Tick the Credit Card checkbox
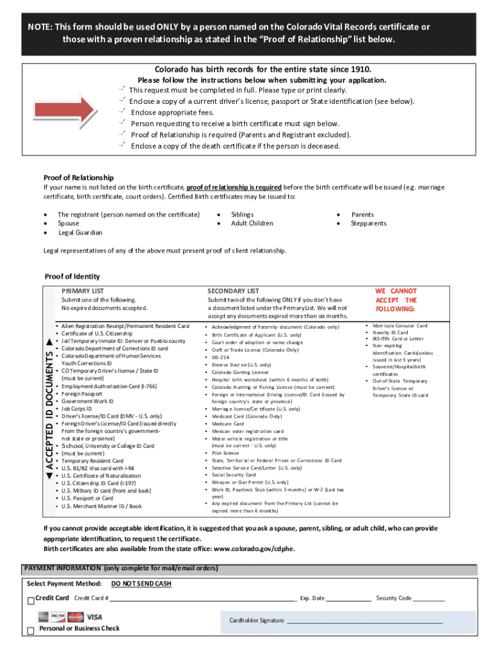coord(30,600)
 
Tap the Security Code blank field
coord(429,599)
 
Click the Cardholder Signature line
coord(364,621)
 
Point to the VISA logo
coord(94,617)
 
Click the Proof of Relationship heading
coord(78,177)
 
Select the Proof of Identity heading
coord(72,276)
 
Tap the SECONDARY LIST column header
coord(233,291)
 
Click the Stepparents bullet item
coord(368,224)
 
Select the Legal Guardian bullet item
coord(80,233)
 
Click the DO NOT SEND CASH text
coord(141,584)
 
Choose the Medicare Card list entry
coord(228,423)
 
